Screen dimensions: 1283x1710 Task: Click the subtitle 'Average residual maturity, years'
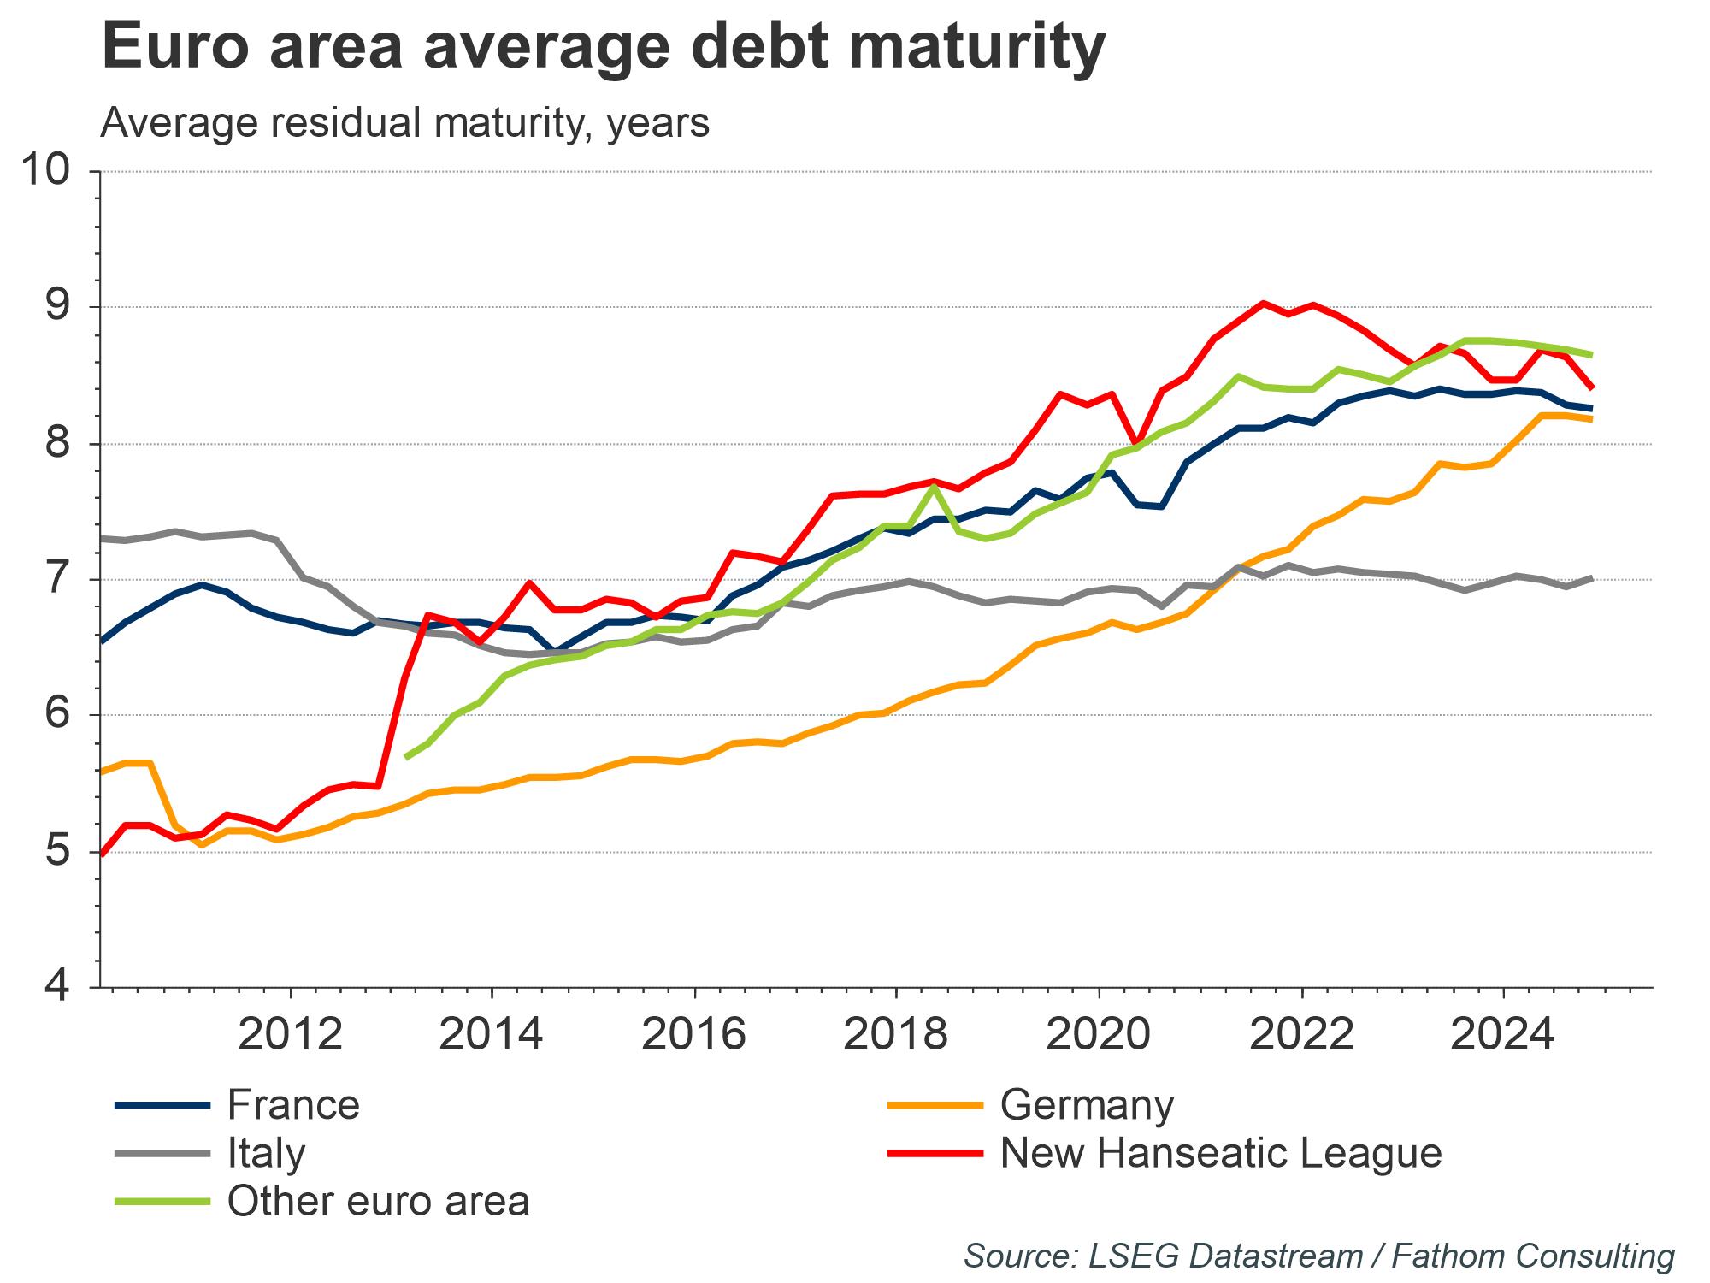404,123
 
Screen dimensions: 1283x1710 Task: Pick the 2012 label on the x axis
291,1035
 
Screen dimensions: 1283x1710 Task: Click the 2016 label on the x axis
694,1035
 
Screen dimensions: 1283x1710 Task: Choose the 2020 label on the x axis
1098,1035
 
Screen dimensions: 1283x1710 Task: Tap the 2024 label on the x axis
1502,1035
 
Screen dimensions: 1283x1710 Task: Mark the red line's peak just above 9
1263,303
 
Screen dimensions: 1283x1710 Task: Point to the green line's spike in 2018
935,486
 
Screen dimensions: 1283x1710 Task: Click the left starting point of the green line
406,757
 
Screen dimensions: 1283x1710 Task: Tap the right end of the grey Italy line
1591,578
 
